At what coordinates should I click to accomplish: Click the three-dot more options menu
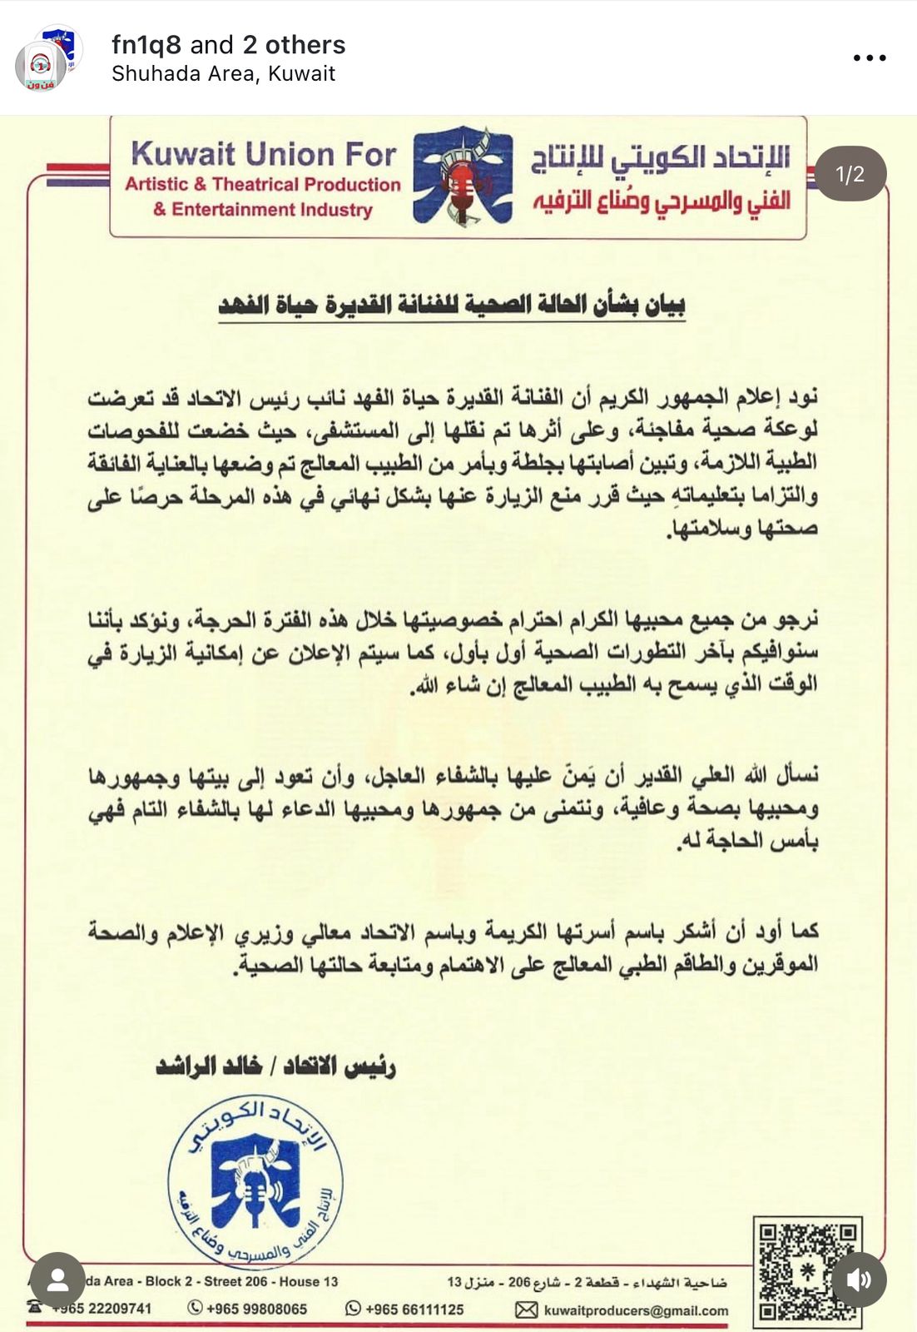[870, 58]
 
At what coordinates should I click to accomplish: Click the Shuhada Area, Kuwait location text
[223, 74]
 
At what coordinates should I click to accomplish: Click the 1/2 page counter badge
[850, 174]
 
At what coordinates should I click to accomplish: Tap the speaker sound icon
[860, 1280]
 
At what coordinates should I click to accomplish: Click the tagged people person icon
[57, 1280]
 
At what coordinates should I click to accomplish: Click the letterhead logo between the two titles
[463, 176]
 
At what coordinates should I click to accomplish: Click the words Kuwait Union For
[263, 155]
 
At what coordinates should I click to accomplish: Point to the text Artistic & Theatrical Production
[263, 185]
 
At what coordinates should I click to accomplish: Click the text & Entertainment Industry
[263, 210]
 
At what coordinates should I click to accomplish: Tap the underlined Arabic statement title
[452, 305]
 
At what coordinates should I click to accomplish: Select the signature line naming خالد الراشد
[275, 1066]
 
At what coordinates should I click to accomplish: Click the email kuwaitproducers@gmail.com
[636, 1310]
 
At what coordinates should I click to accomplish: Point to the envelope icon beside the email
[526, 1310]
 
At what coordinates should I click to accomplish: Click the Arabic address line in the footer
[587, 1282]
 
